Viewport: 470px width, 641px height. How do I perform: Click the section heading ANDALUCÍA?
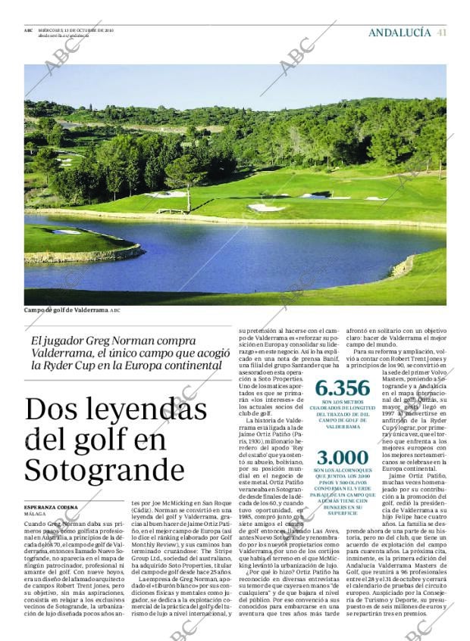tap(399, 33)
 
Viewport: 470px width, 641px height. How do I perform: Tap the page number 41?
tap(442, 33)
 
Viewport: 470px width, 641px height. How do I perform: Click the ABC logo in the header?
tap(28, 30)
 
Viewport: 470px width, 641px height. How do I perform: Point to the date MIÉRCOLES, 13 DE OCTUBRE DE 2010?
tap(76, 30)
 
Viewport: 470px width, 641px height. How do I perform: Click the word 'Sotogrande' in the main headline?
tap(94, 470)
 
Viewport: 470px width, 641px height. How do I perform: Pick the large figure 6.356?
tap(343, 388)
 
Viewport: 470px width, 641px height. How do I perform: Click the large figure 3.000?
tap(343, 459)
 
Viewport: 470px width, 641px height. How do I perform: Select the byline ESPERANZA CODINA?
tap(52, 506)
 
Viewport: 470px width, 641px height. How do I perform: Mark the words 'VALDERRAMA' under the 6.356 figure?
tap(343, 427)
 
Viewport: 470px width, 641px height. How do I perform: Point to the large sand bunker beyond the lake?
tap(266, 207)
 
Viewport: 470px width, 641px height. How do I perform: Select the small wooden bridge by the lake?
tap(171, 210)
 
